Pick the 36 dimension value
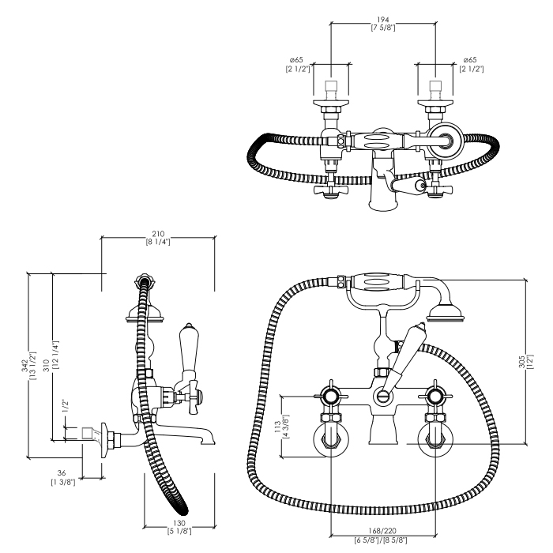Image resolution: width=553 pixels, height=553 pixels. coord(62,472)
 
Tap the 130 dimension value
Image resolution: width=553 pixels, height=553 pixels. coord(181,523)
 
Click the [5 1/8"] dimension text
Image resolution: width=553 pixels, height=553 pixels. coord(181,532)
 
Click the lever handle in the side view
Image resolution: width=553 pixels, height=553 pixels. coord(190,352)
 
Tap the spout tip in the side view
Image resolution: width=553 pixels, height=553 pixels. coord(207,436)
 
